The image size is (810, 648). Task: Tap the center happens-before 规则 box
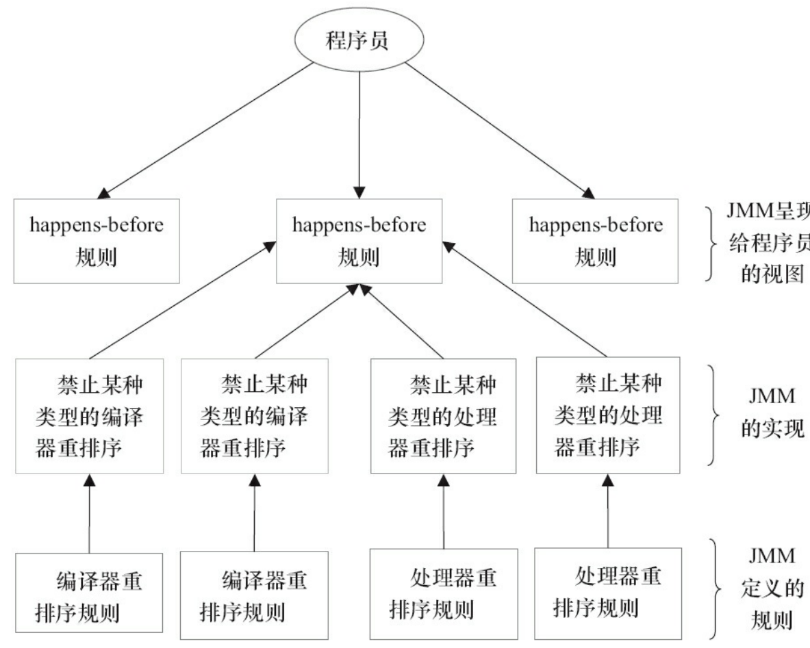[359, 241]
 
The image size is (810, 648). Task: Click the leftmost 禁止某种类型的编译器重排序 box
[90, 415]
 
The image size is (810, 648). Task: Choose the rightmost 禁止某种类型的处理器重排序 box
[608, 415]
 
